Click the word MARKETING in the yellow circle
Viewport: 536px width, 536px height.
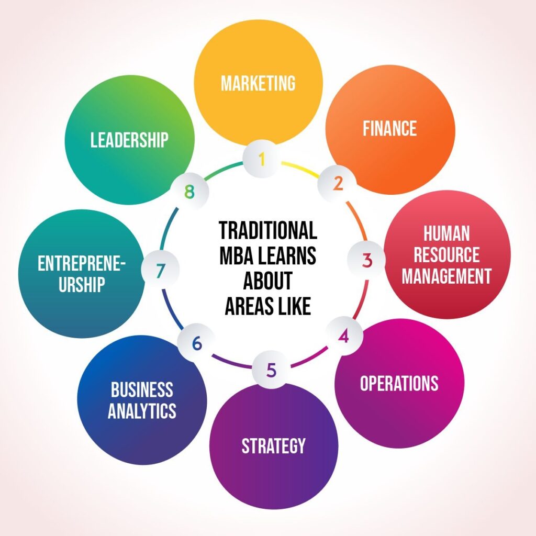[258, 83]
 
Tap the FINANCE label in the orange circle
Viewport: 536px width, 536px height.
[389, 129]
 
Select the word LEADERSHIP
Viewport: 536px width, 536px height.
[129, 140]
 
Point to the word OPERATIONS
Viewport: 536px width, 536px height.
[399, 383]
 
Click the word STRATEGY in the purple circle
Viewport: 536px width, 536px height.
[273, 446]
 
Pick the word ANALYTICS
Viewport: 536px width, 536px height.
[142, 410]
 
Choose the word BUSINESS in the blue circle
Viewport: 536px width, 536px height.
[142, 389]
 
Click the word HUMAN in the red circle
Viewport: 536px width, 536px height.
[446, 234]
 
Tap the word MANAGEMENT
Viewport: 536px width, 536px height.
[446, 276]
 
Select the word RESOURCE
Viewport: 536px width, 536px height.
[446, 255]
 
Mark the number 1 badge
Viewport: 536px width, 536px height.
[262, 159]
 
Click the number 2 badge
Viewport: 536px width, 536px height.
[338, 184]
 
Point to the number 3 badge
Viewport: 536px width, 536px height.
[367, 260]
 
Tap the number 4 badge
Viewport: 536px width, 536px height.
[343, 336]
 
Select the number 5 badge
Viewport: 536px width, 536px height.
[271, 370]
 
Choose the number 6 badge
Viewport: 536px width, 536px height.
[197, 343]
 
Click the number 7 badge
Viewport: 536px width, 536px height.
[160, 271]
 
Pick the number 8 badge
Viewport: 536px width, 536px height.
[189, 192]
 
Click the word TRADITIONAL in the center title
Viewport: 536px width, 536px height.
[268, 230]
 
